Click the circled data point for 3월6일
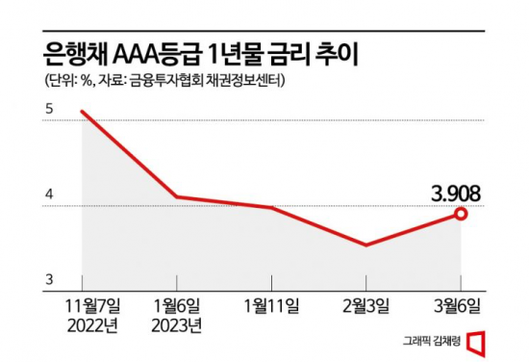(x=461, y=213)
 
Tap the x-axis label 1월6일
(x=177, y=306)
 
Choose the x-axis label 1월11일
(x=271, y=306)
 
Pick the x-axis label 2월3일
(x=365, y=306)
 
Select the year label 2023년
(x=177, y=324)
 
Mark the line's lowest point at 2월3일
(x=365, y=245)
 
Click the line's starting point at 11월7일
(x=83, y=112)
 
